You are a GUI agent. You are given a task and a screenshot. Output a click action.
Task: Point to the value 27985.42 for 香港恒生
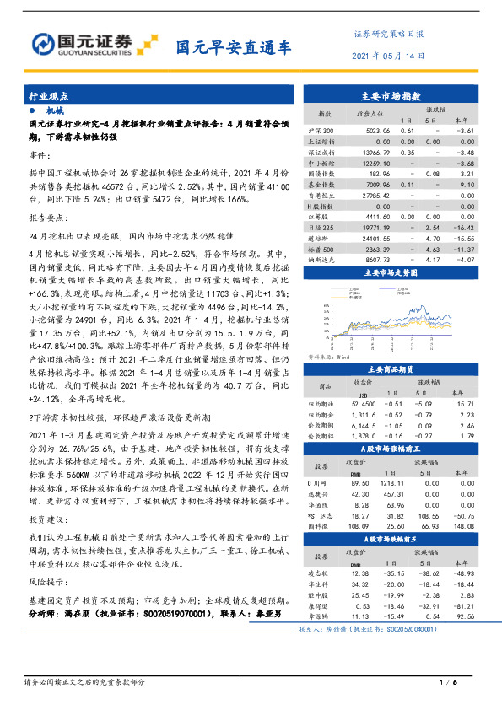click(x=371, y=196)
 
